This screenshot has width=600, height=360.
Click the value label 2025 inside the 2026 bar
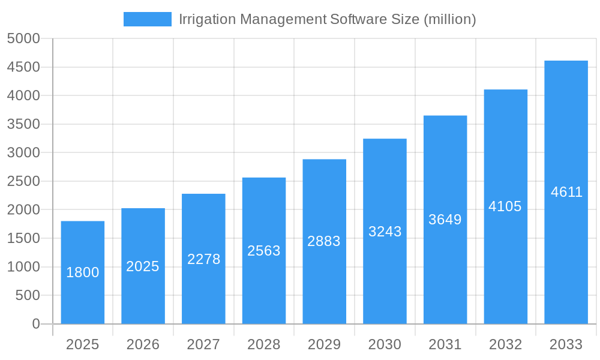(x=143, y=266)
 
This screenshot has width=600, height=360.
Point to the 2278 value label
(x=204, y=259)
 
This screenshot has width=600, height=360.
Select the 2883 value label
(x=324, y=241)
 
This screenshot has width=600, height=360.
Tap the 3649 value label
(x=445, y=220)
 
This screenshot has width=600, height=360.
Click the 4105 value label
(x=505, y=206)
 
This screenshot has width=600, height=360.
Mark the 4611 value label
(x=566, y=192)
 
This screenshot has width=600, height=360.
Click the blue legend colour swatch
(x=147, y=19)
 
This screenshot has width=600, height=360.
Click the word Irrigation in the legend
(x=207, y=19)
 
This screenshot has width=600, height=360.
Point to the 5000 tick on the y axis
(x=23, y=39)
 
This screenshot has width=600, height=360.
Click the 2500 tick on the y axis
(x=23, y=181)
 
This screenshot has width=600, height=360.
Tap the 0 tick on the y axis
(x=35, y=324)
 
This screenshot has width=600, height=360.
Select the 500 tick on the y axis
(x=27, y=295)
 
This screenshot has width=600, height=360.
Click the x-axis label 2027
(x=203, y=344)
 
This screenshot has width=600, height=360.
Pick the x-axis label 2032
(x=505, y=344)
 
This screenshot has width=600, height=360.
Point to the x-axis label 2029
(x=324, y=344)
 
